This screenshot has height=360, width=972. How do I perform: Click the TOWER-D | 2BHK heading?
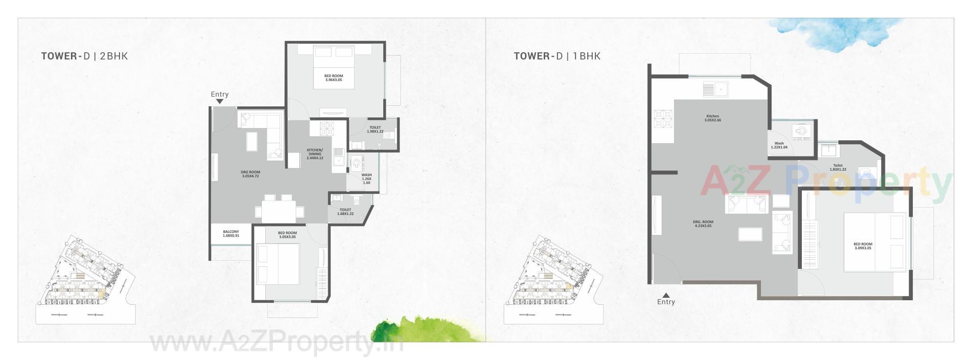click(x=85, y=56)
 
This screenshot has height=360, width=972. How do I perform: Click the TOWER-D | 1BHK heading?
click(x=557, y=56)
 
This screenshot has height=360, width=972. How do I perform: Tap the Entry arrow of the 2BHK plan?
click(x=219, y=101)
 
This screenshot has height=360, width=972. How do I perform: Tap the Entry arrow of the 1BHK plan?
click(x=666, y=295)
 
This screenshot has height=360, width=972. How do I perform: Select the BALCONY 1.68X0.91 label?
click(x=231, y=234)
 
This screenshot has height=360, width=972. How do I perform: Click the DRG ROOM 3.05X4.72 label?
click(x=250, y=174)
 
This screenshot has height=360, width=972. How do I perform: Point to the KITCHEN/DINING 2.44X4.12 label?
click(x=315, y=154)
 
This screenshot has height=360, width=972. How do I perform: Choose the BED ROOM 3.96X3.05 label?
click(x=334, y=78)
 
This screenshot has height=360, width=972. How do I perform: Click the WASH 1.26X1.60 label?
click(x=367, y=179)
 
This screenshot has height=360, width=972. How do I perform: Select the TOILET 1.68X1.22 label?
click(x=345, y=212)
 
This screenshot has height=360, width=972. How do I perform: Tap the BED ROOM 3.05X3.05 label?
click(x=288, y=235)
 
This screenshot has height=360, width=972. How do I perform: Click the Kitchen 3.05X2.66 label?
click(x=712, y=118)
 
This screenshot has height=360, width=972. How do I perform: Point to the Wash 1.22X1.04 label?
click(x=779, y=145)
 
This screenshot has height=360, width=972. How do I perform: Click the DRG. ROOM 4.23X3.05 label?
click(x=703, y=224)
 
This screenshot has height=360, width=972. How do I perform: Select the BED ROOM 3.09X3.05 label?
click(x=863, y=246)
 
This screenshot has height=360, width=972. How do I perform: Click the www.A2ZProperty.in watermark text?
click(x=276, y=344)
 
